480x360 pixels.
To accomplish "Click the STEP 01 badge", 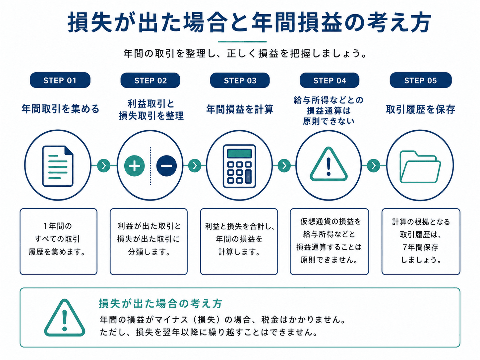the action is click(60, 80).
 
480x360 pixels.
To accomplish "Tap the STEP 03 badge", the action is click(240, 80).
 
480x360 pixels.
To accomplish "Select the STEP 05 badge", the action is click(420, 80).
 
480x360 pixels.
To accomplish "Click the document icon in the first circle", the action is click(58, 166).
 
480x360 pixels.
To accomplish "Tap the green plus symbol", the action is click(134, 166).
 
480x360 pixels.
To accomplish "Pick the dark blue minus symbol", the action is click(166, 166).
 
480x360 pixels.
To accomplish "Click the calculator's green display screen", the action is click(239, 153).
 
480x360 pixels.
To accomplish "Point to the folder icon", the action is click(420, 167).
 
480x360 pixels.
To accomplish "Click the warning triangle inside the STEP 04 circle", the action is click(329, 164).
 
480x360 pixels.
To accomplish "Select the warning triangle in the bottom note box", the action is click(65, 318).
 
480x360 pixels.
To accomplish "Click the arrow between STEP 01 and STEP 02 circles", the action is click(104, 166).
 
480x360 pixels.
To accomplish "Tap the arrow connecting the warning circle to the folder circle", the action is click(374, 166).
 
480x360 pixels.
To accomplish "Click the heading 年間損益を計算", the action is click(240, 109).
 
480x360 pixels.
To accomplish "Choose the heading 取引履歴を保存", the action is click(420, 109).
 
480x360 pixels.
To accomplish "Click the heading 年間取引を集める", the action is click(60, 109).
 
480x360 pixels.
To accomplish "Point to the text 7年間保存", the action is click(420, 247).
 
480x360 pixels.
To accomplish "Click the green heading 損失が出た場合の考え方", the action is click(160, 303).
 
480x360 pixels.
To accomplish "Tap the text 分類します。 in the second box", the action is click(149, 252).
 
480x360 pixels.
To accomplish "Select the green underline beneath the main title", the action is click(242, 41).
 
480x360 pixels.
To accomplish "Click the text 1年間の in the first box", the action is click(58, 226).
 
